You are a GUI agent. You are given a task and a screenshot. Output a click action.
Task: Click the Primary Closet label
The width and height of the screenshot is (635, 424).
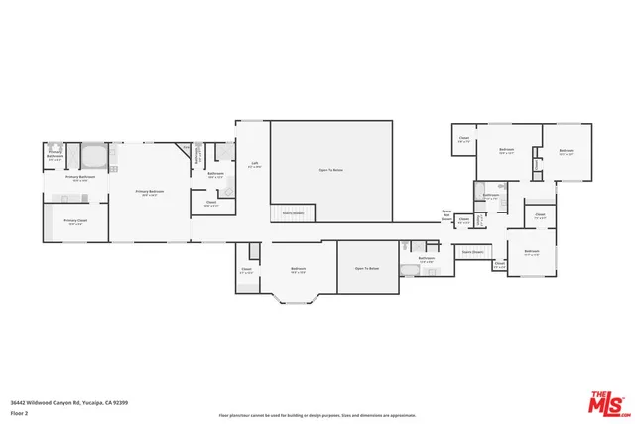(x=73, y=221)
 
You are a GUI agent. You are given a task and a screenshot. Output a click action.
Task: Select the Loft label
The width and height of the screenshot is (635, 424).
(x=254, y=164)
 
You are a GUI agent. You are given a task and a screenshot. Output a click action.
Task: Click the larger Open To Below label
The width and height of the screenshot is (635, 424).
(x=330, y=170)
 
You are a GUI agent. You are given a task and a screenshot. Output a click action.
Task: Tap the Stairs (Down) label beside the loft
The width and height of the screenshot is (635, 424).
(x=293, y=212)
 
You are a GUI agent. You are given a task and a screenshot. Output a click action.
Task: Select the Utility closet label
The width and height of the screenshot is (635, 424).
(x=463, y=222)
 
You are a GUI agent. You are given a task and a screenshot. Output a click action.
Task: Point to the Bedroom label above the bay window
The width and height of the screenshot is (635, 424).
(x=298, y=269)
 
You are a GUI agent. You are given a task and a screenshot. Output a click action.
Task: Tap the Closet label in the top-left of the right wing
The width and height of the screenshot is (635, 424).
(x=463, y=140)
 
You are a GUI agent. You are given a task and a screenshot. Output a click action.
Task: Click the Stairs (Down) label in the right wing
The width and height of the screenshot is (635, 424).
(x=472, y=252)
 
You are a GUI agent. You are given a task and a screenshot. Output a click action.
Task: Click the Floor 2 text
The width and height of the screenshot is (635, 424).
(x=18, y=411)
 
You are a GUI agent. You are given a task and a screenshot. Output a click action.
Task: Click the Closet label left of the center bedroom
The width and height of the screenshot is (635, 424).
(x=246, y=269)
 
